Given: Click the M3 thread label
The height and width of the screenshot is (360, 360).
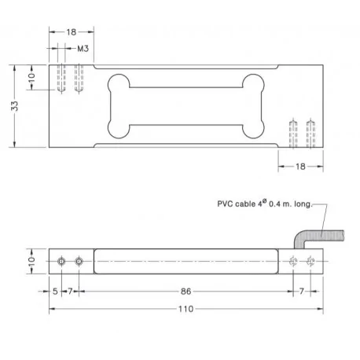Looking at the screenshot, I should tap(83, 49).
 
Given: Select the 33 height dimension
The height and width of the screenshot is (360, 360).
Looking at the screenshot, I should tap(15, 106).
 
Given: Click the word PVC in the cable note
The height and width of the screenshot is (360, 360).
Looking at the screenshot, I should tap(226, 202).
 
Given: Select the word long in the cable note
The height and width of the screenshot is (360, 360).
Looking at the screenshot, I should tap(303, 202).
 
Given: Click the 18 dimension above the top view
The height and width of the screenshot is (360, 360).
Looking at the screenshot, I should tap(72, 32).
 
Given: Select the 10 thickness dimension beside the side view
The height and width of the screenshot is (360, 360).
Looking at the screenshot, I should tap(32, 261).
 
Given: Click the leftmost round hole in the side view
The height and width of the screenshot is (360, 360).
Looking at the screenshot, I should tap(62, 261).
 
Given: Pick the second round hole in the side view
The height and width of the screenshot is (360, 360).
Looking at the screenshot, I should tap(78, 261).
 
